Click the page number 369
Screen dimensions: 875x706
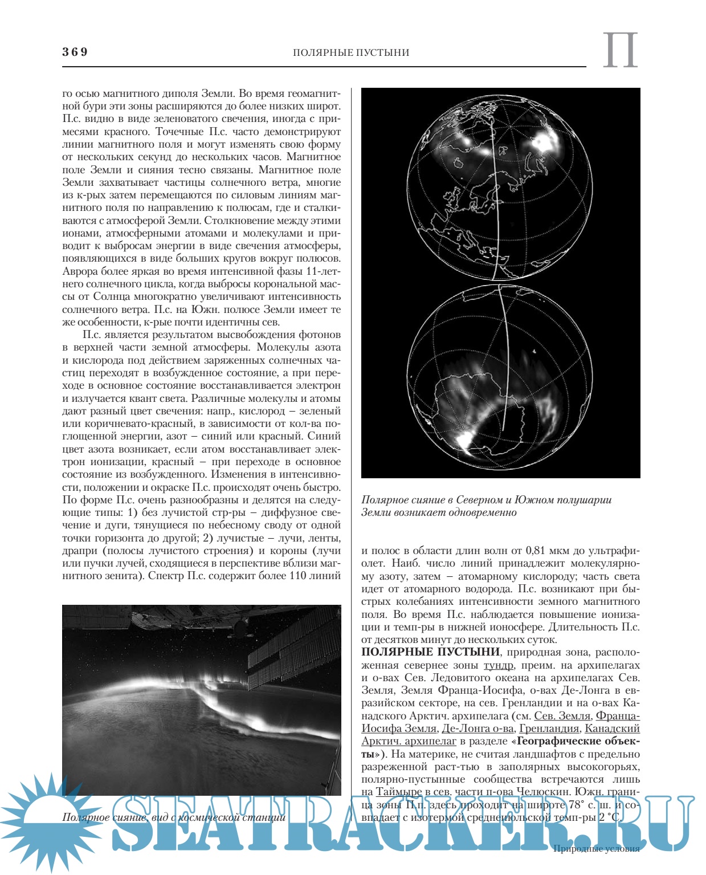point(75,52)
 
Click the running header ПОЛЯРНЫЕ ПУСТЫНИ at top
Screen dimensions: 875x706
point(351,52)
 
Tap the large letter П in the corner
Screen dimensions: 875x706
point(620,51)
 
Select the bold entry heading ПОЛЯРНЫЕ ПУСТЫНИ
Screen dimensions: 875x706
point(431,652)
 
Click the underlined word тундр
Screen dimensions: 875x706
point(499,665)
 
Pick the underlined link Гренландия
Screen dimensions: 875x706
point(549,729)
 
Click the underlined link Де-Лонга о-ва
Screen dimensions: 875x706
point(478,729)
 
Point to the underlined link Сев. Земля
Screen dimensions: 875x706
point(562,716)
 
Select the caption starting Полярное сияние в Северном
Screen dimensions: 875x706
point(487,506)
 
